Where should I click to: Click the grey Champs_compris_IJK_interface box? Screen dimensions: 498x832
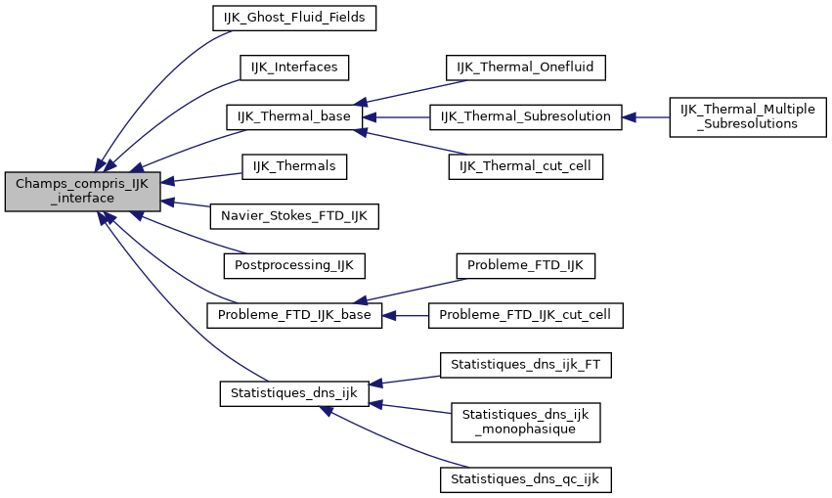pos(81,191)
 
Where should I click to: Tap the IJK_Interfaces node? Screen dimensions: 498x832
pos(294,67)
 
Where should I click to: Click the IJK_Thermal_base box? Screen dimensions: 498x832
pos(294,116)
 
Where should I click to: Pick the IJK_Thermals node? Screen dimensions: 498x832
pos(294,166)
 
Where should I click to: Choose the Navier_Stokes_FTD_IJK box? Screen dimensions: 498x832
pos(294,216)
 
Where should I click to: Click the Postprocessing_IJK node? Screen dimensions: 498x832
pos(294,265)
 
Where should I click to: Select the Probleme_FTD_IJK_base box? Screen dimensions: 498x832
pos(294,315)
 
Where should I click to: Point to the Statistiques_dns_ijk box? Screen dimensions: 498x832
pos(293,393)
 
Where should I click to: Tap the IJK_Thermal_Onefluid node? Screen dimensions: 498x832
pos(526,67)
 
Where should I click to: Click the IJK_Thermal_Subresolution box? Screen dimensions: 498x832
pos(526,116)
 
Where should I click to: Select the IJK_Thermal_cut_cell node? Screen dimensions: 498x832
pos(526,166)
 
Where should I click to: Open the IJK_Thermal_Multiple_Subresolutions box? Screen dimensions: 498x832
pos(748,116)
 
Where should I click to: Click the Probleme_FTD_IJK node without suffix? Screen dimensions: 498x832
pos(526,265)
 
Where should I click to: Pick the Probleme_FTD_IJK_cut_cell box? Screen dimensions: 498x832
pos(526,315)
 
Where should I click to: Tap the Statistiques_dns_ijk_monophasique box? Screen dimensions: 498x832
pos(526,422)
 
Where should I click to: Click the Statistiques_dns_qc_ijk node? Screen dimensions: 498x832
pos(526,479)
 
